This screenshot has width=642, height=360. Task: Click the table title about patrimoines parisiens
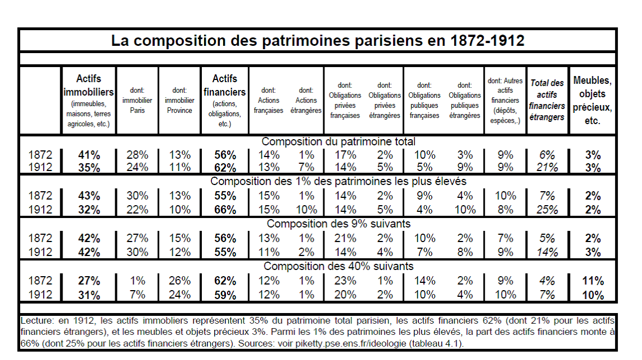click(318, 40)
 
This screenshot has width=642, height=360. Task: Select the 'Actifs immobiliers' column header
click(88, 101)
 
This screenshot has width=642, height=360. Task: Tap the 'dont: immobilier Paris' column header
click(137, 100)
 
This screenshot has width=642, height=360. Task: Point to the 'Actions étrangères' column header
click(306, 100)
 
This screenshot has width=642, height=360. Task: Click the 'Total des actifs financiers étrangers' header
click(547, 100)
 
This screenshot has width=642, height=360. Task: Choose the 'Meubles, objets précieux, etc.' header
click(592, 100)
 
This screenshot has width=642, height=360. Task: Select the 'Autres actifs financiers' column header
click(505, 101)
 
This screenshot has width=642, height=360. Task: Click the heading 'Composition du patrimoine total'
click(338, 141)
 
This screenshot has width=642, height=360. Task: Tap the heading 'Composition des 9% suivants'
click(338, 224)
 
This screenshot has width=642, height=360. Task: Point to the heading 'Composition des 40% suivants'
click(338, 266)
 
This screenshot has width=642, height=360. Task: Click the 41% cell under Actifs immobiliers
click(89, 155)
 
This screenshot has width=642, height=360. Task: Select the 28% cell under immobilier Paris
click(137, 155)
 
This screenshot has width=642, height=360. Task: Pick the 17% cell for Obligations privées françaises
click(345, 155)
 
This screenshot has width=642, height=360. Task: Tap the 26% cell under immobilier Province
click(180, 281)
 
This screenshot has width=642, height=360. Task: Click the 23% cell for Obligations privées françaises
click(345, 281)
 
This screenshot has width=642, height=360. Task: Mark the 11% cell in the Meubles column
click(593, 281)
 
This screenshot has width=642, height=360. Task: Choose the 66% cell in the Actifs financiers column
click(225, 210)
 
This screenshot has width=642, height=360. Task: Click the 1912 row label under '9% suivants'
click(40, 252)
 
